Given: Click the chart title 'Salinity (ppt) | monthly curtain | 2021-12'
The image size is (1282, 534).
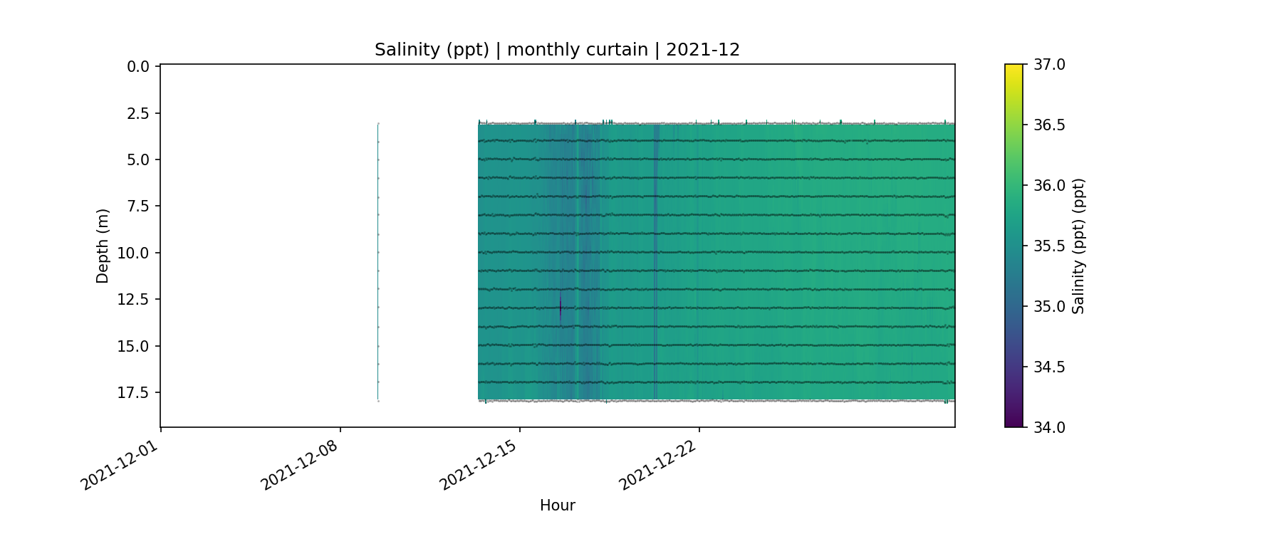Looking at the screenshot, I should click(x=557, y=50).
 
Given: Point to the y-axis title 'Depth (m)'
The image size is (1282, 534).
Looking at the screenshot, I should click(x=103, y=246).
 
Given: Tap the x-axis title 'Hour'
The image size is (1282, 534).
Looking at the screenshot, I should click(x=557, y=506).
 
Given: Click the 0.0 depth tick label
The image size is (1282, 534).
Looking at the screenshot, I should click(x=138, y=67).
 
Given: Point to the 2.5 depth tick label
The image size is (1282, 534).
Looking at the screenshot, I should click(x=138, y=113).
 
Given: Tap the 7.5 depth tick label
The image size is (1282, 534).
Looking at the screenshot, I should click(x=138, y=206).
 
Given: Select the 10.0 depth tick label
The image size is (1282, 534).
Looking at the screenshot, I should click(x=134, y=253).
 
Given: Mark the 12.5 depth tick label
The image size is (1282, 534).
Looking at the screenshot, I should click(x=134, y=300).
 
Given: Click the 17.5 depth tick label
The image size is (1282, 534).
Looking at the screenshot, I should click(x=134, y=393).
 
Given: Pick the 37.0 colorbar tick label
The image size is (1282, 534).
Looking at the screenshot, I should click(x=1049, y=65).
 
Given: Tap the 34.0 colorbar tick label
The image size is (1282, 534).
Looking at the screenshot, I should click(x=1049, y=427).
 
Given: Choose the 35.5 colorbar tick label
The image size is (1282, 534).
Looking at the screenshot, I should click(x=1049, y=246).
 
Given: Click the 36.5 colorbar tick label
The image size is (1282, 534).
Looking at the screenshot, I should click(x=1049, y=125).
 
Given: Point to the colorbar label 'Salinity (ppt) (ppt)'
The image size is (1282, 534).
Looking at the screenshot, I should click(x=1078, y=246).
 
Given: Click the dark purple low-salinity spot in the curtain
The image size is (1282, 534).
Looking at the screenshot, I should click(x=561, y=308).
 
